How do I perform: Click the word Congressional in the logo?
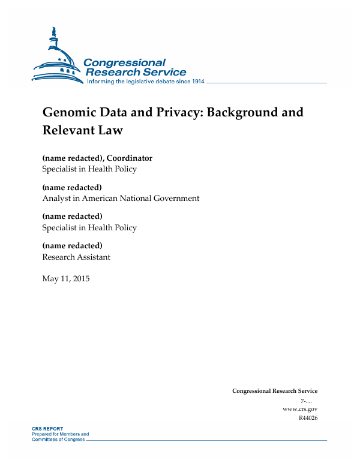(x=124, y=62)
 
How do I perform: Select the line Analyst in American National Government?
(x=121, y=198)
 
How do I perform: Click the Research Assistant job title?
(x=76, y=257)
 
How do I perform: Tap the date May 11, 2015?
(x=65, y=278)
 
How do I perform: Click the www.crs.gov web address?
(x=299, y=408)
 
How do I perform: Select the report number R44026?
(x=307, y=417)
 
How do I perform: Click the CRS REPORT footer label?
(x=47, y=429)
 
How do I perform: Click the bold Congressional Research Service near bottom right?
(x=275, y=391)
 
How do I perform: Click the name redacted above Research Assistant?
(x=72, y=246)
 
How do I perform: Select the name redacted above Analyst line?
(x=72, y=188)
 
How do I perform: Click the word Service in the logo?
(x=161, y=72)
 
